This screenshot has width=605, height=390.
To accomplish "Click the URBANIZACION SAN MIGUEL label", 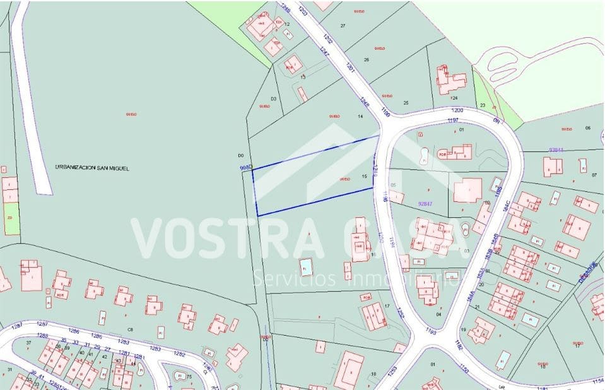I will click(91, 168).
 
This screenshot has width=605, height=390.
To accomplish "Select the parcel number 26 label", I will click(367, 59).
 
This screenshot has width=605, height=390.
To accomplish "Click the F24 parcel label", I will click(454, 98).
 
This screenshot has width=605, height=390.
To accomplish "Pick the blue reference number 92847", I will click(428, 203).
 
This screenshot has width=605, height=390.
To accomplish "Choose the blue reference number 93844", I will click(556, 150).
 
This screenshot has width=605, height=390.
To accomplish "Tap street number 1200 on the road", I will click(457, 110).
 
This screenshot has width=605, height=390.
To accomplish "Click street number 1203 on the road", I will click(302, 11).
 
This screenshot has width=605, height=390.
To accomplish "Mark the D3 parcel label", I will click(274, 99).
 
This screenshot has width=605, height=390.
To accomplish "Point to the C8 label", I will click(131, 329).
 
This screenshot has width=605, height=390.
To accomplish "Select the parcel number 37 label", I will click(29, 343).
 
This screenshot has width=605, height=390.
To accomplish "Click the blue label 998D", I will click(246, 167).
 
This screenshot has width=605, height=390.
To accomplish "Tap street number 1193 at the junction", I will click(431, 330).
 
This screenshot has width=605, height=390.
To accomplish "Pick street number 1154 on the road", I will click(597, 381).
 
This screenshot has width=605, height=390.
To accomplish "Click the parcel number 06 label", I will click(587, 127).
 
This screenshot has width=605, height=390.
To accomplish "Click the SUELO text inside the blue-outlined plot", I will click(344, 179).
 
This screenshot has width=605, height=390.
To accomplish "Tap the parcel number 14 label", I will click(361, 117).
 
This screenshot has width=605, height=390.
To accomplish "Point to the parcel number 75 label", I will click(189, 377).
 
